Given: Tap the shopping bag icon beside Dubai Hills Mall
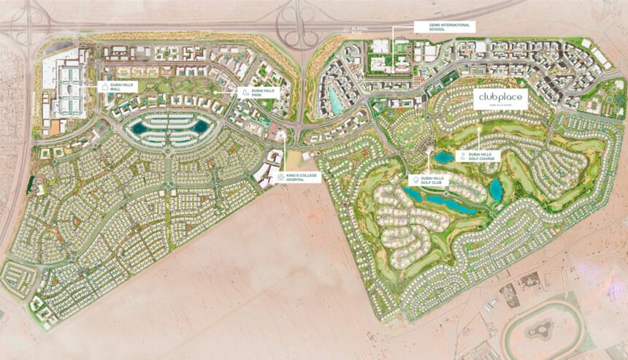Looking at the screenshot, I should [105, 86].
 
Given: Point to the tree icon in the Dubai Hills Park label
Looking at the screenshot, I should [245, 93].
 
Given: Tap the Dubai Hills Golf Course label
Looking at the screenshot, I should [480, 156].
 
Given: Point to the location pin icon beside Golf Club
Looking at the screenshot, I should [415, 180].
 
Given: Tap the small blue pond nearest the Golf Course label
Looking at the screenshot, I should [443, 156].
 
